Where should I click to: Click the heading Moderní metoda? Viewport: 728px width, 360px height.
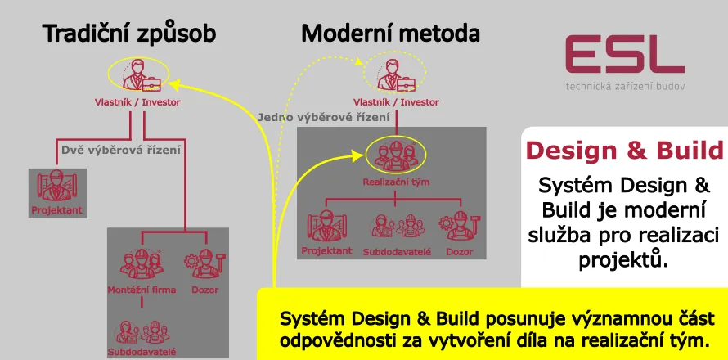point(390,34)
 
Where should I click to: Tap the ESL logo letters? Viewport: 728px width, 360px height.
point(624,56)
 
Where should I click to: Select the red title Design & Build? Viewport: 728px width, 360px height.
point(624,151)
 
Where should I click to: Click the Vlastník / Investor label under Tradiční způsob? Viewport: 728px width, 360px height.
point(136,102)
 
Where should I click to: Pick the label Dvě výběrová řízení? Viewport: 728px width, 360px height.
point(121,151)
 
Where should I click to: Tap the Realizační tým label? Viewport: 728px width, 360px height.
point(396,182)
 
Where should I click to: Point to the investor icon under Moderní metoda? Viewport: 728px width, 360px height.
point(395,75)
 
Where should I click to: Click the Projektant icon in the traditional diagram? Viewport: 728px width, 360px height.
point(57,187)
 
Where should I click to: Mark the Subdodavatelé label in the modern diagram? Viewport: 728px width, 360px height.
point(397,251)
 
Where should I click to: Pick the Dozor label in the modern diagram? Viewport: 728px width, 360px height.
point(458,251)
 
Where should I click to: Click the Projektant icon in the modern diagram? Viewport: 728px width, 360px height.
point(326,225)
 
